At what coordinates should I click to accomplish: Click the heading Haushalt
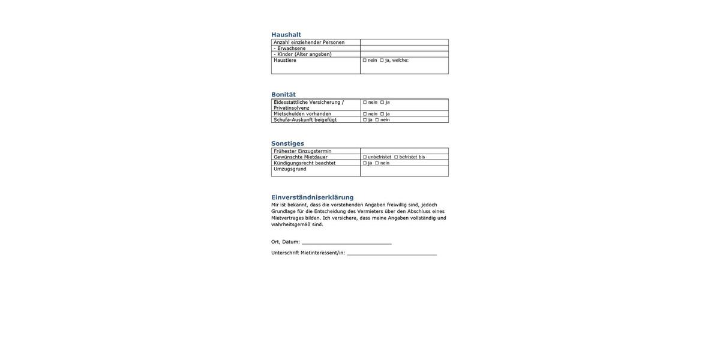(286, 35)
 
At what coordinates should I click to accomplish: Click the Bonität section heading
(283, 95)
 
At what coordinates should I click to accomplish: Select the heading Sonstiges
(287, 143)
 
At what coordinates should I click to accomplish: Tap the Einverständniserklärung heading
(312, 197)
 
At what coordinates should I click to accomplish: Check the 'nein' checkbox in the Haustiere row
(365, 60)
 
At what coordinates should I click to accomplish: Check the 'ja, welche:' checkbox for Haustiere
(382, 60)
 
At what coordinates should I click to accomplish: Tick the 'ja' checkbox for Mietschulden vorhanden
(382, 114)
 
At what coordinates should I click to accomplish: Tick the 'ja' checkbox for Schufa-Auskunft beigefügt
(365, 120)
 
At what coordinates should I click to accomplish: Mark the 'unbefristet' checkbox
(365, 157)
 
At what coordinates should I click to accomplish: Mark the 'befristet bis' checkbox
(396, 157)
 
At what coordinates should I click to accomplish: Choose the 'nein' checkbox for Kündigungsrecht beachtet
(377, 163)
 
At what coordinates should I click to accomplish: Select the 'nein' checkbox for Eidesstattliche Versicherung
(365, 102)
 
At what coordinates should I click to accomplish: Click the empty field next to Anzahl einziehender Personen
(404, 43)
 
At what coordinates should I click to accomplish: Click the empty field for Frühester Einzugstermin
(404, 151)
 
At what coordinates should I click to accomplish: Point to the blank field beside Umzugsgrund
(404, 171)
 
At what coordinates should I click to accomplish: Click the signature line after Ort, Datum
(346, 242)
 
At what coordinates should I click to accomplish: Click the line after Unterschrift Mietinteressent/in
(391, 253)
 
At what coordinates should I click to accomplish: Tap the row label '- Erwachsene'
(291, 49)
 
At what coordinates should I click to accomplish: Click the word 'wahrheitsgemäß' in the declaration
(290, 224)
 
